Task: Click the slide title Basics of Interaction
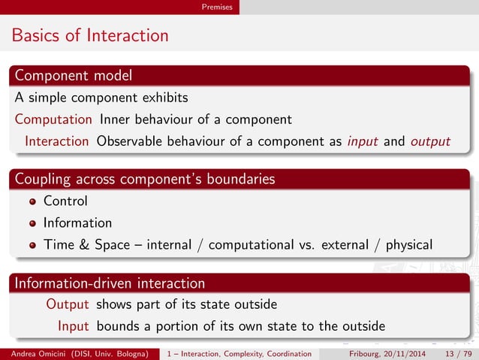point(89,35)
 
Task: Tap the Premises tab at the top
point(217,7)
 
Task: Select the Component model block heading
point(74,76)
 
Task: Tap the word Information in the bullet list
point(77,223)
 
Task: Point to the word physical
point(408,245)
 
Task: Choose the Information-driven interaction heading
point(110,283)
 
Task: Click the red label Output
point(68,304)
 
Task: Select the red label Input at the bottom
point(74,326)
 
